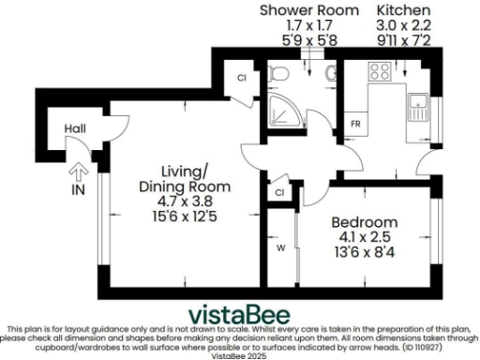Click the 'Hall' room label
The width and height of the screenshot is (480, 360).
click(76, 128)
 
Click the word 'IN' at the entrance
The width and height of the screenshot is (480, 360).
click(77, 188)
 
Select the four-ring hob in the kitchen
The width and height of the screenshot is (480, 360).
click(381, 72)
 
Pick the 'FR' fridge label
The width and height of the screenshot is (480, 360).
click(356, 123)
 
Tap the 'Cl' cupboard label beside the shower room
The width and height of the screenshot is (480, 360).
click(241, 79)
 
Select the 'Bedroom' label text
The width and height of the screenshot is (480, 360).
click(365, 222)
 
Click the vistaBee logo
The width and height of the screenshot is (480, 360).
click(240, 313)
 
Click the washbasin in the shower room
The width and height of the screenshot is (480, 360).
click(327, 73)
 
